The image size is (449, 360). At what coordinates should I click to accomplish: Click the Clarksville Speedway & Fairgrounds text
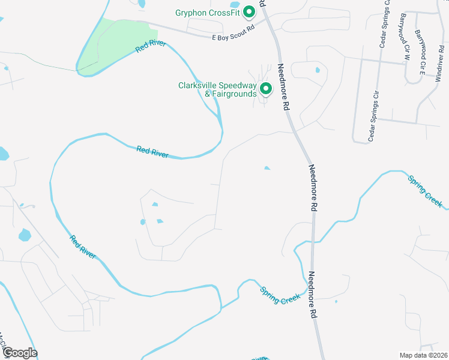point(217,89)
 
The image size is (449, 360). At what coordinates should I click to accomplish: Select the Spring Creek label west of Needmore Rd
point(280,295)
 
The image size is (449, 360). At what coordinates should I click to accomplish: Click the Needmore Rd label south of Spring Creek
point(312,295)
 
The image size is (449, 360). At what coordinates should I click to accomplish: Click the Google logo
point(19,353)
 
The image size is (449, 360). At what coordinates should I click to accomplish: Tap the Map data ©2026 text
point(423,355)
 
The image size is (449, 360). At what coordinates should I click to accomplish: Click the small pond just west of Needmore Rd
point(267,168)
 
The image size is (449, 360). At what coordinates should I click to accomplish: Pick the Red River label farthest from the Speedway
point(82,247)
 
